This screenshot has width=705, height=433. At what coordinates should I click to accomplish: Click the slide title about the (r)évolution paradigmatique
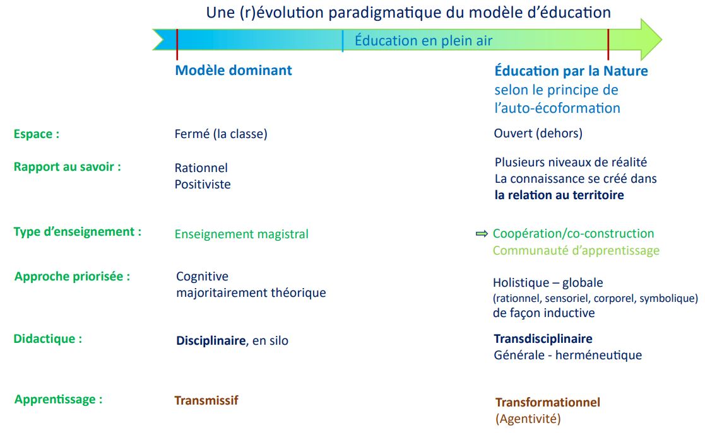point(408,13)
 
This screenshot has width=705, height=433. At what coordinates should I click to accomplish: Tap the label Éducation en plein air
point(424,40)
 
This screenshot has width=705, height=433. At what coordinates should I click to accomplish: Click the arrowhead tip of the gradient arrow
point(662,40)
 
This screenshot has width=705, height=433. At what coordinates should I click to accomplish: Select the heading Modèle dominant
point(234,70)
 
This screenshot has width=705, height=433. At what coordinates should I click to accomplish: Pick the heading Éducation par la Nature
point(571,71)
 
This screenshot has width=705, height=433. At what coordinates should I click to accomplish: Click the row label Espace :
point(37,134)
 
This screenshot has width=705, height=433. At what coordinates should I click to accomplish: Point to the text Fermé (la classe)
point(221,134)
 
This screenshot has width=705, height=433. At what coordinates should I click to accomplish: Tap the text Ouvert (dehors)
point(538,134)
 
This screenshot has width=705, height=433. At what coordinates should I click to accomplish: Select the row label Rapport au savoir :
point(68,166)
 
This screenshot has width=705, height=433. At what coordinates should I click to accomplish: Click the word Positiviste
point(203,184)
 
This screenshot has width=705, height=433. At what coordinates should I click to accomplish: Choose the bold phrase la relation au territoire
point(559,195)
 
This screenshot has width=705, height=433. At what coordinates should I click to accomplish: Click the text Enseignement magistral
point(242,234)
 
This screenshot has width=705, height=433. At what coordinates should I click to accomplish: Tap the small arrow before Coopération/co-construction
point(482,234)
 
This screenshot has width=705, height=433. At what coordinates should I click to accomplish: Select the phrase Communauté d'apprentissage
point(576,250)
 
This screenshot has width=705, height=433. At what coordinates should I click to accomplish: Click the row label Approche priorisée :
point(73,276)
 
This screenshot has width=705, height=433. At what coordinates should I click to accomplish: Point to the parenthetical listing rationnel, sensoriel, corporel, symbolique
point(595,298)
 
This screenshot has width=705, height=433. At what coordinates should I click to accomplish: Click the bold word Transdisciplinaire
point(543,338)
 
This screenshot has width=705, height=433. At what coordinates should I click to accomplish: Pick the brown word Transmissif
point(206,400)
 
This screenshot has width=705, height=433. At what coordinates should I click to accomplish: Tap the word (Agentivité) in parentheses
point(528,419)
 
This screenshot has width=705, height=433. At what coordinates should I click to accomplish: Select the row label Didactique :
point(48,338)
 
